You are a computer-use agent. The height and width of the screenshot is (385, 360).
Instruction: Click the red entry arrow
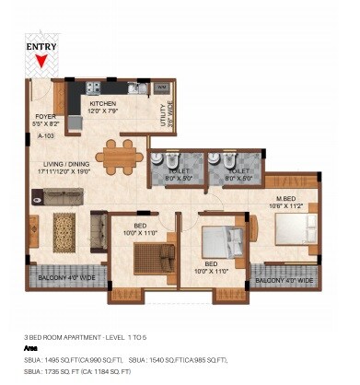(40, 62)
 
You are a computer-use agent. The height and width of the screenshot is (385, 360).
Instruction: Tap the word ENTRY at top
(41, 46)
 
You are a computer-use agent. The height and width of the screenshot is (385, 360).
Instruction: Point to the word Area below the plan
(30, 349)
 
